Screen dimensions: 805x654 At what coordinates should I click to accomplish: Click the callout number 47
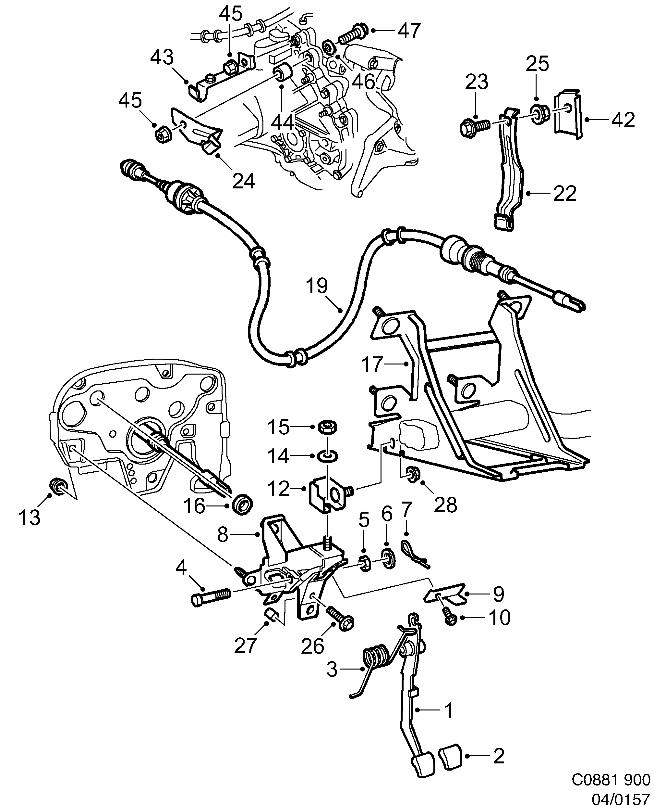click(409, 31)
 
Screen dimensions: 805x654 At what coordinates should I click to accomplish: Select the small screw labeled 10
click(449, 617)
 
